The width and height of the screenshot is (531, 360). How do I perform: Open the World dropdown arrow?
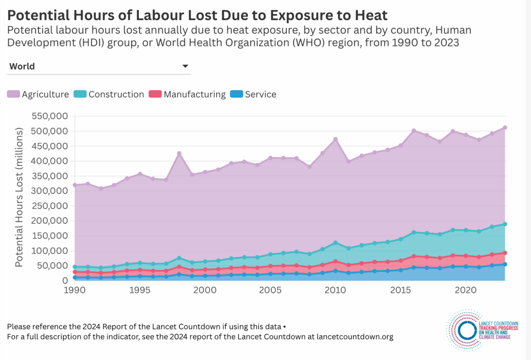coord(185,66)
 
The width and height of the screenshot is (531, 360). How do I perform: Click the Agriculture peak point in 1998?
coord(179,154)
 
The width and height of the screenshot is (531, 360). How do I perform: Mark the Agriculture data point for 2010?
coord(336,139)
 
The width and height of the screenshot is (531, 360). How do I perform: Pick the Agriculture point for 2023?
coord(505,128)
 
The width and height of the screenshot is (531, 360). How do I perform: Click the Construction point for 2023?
coord(505,224)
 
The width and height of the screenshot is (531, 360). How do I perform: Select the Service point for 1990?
coord(75,278)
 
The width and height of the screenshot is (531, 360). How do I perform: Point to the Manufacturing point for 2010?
coord(336,261)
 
